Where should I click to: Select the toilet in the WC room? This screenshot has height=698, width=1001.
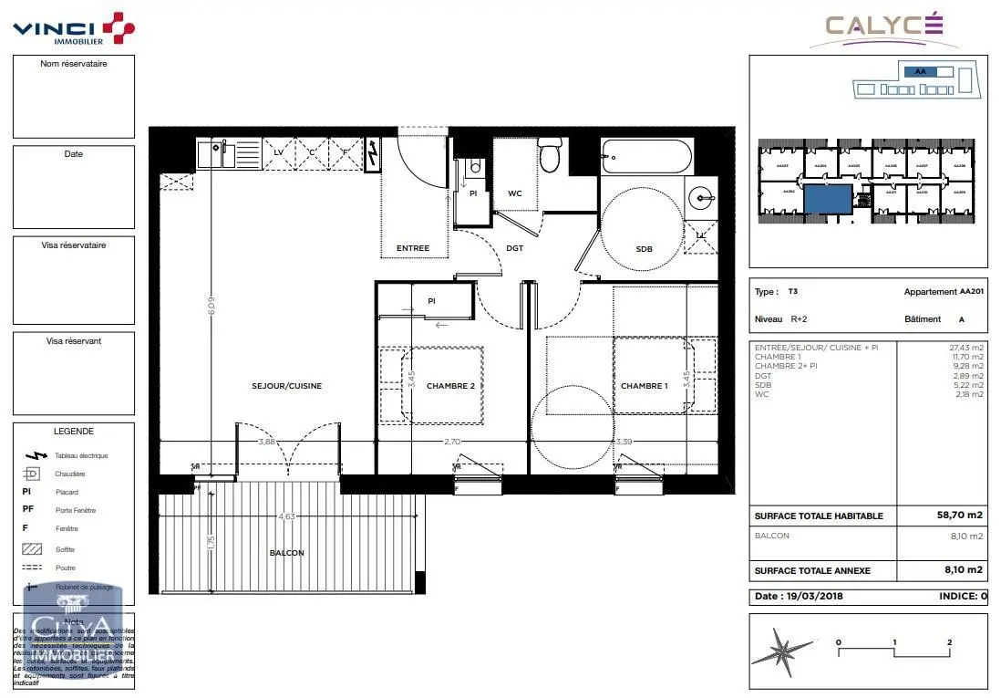point(550,156)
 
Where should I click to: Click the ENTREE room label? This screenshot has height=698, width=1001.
point(412,248)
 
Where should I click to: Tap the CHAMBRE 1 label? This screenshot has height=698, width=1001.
point(644,386)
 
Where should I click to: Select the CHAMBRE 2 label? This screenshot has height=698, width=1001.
point(452,386)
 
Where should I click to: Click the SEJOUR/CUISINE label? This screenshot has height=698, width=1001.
point(287,386)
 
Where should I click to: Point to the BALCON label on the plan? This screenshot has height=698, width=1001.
point(286,553)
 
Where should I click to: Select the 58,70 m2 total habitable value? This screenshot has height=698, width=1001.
point(960,516)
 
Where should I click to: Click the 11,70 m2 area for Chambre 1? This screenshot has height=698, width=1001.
point(965,357)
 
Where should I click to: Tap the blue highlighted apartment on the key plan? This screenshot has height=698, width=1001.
point(829,198)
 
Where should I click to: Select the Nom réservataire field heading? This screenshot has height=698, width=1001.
point(74,64)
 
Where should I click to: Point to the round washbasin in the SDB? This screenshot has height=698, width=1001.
point(700,194)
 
